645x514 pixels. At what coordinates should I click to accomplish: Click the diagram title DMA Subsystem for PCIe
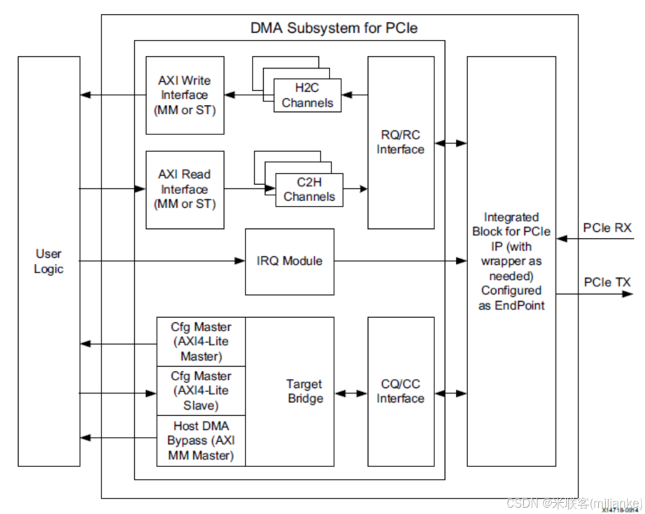(334, 28)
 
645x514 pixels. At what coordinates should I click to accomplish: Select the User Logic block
(48, 261)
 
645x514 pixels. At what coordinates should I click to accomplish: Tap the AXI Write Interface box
(185, 95)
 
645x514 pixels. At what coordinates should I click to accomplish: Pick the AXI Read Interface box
(185, 189)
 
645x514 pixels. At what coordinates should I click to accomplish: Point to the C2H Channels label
(309, 190)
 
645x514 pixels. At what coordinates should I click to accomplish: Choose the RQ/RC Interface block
(400, 142)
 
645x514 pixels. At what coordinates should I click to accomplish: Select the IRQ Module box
(290, 261)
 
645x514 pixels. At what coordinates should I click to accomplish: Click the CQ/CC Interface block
(400, 391)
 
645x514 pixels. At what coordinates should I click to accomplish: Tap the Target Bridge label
(304, 391)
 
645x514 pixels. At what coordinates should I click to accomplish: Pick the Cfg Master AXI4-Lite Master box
(201, 342)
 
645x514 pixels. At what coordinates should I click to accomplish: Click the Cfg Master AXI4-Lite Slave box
(201, 391)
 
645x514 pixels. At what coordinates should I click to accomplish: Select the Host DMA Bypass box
(201, 440)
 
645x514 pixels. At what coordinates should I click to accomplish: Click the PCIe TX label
(607, 282)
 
